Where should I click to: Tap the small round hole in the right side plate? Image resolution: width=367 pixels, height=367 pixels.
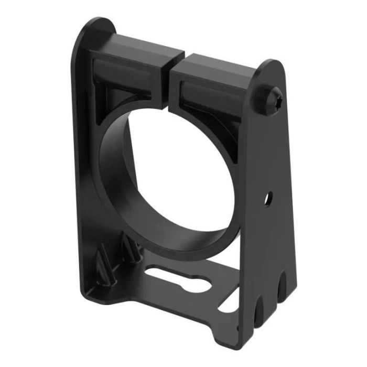point(268,199)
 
